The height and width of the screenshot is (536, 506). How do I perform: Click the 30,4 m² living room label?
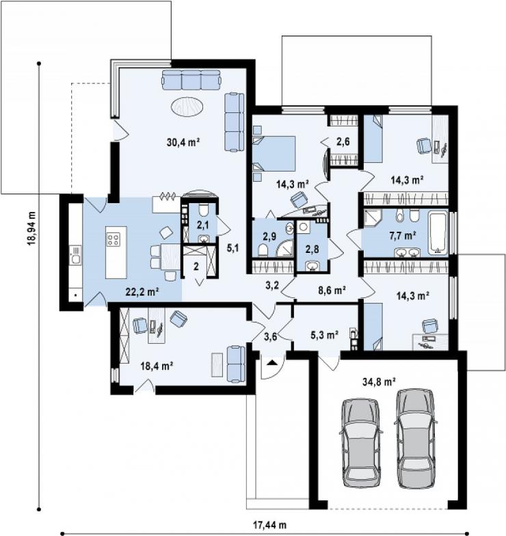pyautogui.click(x=183, y=142)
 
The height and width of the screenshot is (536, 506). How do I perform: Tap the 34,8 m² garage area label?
pyautogui.click(x=379, y=381)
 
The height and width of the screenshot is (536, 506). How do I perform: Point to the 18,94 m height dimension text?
pyautogui.click(x=31, y=228)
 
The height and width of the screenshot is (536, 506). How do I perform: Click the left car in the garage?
pyautogui.click(x=361, y=442)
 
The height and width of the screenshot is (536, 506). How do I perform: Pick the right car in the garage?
pyautogui.click(x=416, y=439)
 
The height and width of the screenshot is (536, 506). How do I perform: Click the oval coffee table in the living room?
pyautogui.click(x=187, y=107)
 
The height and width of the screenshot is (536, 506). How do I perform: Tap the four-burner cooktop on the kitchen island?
pyautogui.click(x=114, y=239)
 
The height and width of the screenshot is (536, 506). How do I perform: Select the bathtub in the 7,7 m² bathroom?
pyautogui.click(x=438, y=233)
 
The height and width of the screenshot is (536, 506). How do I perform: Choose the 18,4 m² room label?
pyautogui.click(x=156, y=366)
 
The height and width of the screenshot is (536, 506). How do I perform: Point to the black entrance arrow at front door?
pyautogui.click(x=272, y=362)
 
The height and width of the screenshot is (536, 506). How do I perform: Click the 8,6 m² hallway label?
pyautogui.click(x=331, y=290)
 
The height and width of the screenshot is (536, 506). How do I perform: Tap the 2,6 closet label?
pyautogui.click(x=343, y=142)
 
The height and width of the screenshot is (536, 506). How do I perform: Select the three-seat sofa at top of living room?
pyautogui.click(x=190, y=80)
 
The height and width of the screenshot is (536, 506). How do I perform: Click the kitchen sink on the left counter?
pyautogui.click(x=75, y=255)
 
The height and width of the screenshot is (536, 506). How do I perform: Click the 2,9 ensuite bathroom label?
pyautogui.click(x=269, y=237)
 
